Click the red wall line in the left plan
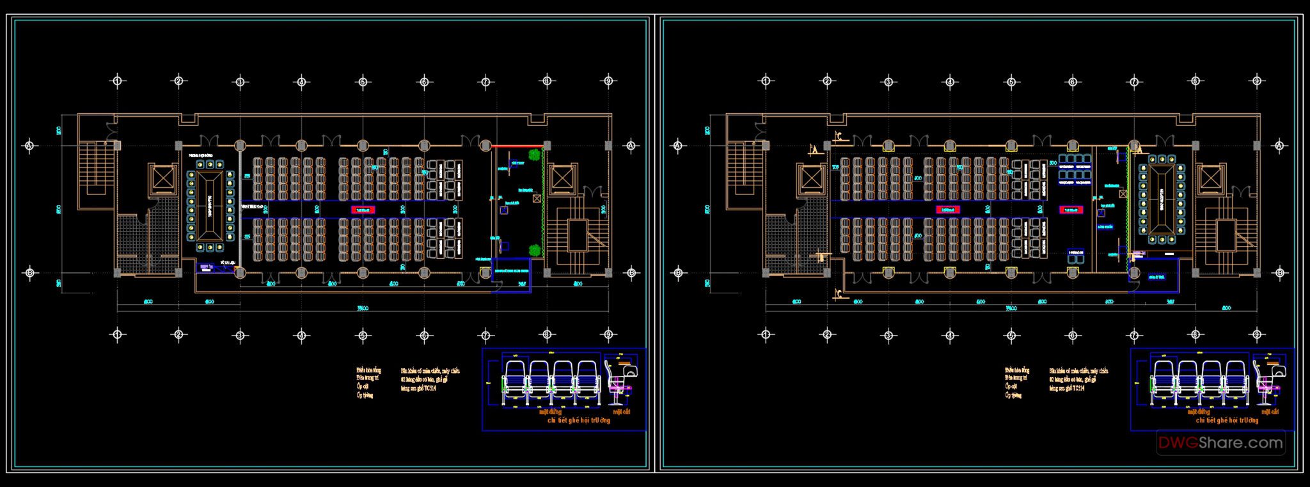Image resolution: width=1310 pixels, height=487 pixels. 517,146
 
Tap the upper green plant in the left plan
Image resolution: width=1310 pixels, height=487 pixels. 533,155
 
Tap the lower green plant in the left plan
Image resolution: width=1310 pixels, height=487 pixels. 533,249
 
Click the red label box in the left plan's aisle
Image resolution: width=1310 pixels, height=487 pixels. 362,209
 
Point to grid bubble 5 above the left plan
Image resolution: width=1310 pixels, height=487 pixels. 363,81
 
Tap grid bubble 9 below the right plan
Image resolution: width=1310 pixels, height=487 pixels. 1256,334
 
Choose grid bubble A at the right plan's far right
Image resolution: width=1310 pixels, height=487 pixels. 1279,146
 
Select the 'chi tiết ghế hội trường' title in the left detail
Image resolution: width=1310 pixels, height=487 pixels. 579,421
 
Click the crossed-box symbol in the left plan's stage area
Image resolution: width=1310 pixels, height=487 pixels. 536,199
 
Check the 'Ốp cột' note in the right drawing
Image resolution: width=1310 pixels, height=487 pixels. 1011,387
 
